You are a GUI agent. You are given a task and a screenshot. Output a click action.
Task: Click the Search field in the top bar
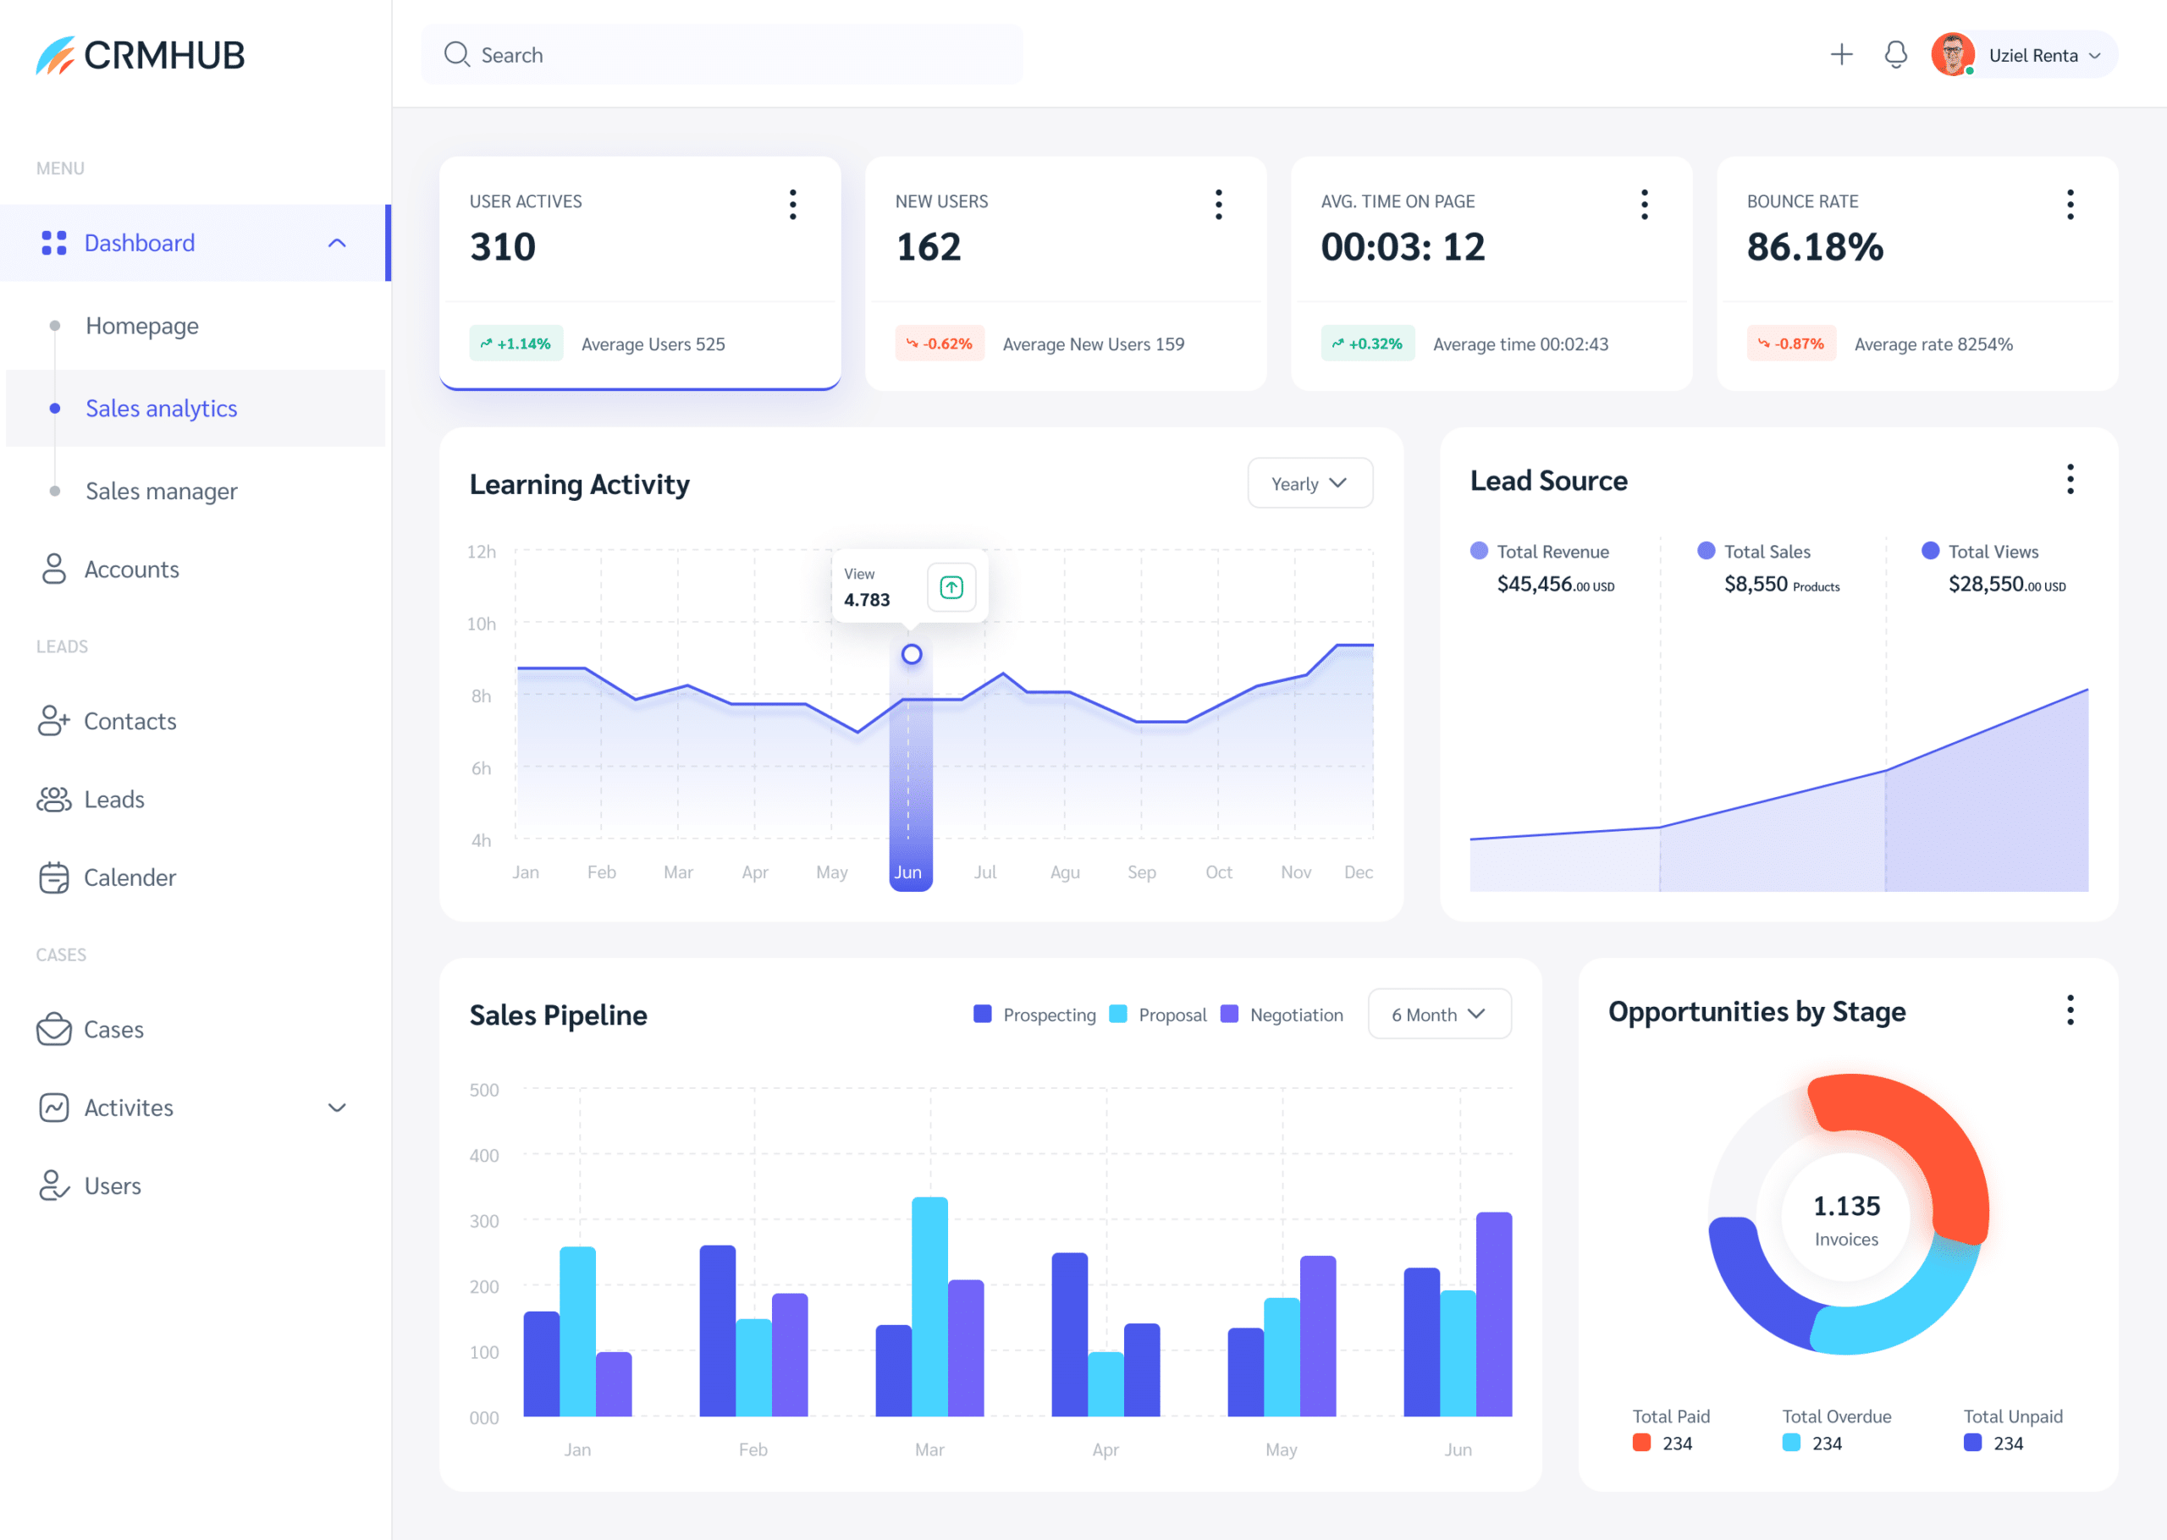coord(720,55)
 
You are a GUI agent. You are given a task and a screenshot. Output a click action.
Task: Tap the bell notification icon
coord(1894,55)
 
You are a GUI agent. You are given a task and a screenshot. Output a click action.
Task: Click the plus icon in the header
coord(1841,55)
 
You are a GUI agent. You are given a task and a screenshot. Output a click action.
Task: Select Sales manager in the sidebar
coord(161,492)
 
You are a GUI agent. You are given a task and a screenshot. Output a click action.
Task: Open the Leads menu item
coord(113,800)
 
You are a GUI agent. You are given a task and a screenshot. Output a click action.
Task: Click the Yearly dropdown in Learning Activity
coord(1309,484)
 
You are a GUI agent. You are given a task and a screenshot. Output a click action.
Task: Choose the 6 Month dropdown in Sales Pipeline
coord(1437,1015)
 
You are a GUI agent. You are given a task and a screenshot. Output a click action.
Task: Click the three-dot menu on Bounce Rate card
coord(2070,204)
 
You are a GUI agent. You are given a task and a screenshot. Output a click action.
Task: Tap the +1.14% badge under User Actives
coord(516,344)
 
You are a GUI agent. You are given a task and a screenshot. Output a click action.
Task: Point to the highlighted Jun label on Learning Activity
coord(908,872)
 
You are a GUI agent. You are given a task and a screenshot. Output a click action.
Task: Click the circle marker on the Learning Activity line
coord(912,654)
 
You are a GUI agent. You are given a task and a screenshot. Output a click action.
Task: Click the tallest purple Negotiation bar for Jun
coord(1494,1313)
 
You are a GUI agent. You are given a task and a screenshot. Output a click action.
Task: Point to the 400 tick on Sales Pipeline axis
coord(483,1156)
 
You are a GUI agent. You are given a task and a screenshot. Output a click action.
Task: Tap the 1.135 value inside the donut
coord(1845,1207)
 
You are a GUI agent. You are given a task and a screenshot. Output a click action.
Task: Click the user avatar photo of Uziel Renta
coord(1951,55)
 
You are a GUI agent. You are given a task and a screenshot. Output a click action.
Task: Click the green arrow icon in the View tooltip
coord(951,588)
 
